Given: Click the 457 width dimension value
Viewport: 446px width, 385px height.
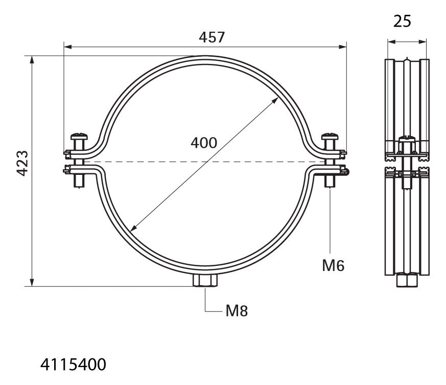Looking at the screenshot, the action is (x=212, y=37).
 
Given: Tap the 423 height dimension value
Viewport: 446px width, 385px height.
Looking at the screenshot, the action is (x=22, y=163).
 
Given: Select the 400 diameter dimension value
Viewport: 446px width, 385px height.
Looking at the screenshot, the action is (x=204, y=143).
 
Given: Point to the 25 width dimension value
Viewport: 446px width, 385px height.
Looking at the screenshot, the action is (x=402, y=21).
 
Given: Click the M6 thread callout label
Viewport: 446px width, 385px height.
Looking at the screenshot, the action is (x=333, y=266).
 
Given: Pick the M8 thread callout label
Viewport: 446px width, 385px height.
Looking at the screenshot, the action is (x=237, y=311).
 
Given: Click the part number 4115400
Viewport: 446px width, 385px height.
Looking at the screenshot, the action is (x=73, y=365).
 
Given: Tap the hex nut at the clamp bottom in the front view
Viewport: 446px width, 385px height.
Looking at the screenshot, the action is (x=205, y=281).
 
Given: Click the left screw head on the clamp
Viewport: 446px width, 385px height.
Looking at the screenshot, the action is (x=79, y=136).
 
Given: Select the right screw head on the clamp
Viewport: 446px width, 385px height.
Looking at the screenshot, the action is (x=330, y=136).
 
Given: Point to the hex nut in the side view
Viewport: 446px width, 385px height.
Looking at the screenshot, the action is (x=407, y=280).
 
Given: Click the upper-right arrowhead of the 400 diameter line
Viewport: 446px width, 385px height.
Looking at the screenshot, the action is (x=275, y=100).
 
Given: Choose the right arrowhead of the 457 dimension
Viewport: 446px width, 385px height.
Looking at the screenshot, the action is (x=343, y=47).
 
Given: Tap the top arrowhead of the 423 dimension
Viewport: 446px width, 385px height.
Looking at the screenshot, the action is (x=32, y=59).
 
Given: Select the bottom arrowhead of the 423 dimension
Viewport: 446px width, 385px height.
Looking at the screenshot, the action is (x=32, y=282).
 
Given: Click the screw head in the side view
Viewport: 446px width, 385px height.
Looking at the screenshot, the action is (x=407, y=139).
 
